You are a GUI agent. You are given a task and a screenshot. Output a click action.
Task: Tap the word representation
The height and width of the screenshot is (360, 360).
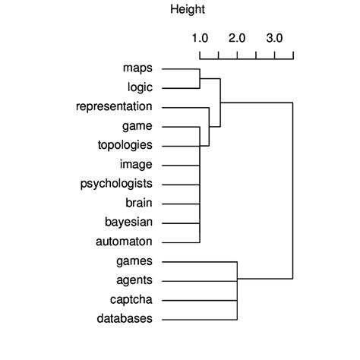[114, 107]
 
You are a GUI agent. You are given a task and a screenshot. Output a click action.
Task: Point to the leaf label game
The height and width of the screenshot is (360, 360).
[137, 126]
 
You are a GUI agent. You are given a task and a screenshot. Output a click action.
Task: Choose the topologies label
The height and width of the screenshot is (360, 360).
[125, 145]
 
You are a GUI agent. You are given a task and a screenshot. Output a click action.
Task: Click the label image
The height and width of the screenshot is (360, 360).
[136, 164]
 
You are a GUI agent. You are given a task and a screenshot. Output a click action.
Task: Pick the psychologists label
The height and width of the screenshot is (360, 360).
[116, 184]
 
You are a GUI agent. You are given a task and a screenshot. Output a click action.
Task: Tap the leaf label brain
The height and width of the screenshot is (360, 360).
[139, 203]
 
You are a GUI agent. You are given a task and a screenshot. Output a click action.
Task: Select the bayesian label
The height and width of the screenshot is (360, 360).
[129, 222]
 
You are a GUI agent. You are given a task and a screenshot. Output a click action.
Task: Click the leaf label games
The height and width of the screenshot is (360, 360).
[134, 261]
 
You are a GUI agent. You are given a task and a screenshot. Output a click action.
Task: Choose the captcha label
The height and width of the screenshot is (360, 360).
[131, 299]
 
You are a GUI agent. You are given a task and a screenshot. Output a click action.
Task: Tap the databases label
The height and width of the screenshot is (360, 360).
[125, 318]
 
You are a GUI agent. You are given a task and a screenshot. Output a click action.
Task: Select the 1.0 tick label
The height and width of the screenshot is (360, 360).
[200, 38]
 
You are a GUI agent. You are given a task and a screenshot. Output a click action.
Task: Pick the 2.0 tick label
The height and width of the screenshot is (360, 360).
[237, 38]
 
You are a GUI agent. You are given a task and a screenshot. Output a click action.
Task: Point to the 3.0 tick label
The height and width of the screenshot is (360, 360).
[274, 38]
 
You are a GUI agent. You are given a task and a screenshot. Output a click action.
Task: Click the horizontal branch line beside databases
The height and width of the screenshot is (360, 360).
[200, 318]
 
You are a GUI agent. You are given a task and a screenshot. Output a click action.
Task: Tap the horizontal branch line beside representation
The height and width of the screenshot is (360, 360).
[185, 107]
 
